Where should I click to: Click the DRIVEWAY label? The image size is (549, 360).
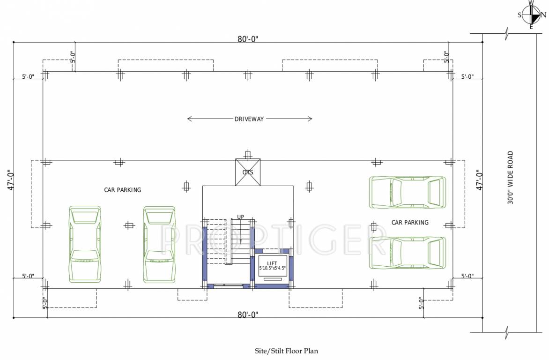click(x=249, y=119)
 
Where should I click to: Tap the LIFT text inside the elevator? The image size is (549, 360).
click(x=272, y=263)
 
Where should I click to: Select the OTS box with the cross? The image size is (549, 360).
click(x=247, y=172)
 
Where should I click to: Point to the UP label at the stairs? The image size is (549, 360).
click(x=240, y=217)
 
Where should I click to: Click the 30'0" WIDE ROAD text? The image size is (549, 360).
click(x=510, y=177)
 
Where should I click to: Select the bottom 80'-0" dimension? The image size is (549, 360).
click(x=248, y=314)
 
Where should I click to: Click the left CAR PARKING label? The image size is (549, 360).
click(x=122, y=190)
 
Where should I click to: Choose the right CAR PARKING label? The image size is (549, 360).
click(x=410, y=223)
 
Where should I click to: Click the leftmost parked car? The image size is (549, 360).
click(x=85, y=244)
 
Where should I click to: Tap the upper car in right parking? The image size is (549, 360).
click(x=407, y=192)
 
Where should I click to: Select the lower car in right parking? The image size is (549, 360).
click(x=407, y=252)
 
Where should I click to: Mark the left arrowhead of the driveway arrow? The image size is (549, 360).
click(x=188, y=119)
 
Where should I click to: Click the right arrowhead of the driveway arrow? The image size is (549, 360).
click(x=311, y=119)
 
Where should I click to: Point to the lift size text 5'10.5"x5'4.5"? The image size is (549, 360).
click(x=272, y=268)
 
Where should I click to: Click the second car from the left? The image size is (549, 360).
click(x=159, y=244)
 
